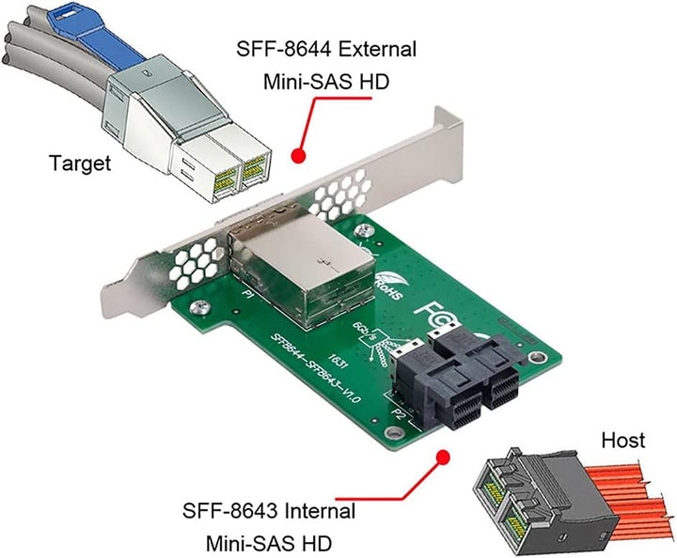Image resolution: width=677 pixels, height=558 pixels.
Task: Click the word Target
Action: (80, 163)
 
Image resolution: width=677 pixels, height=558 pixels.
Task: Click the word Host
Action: (623, 440)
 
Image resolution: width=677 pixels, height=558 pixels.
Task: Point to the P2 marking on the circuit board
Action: (399, 411)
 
